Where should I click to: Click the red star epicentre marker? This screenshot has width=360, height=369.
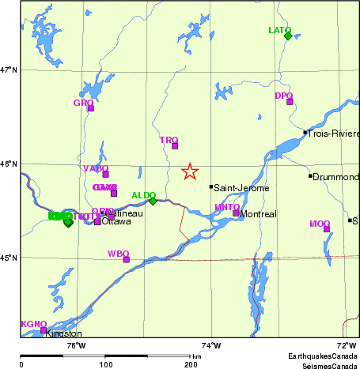[x=190, y=171]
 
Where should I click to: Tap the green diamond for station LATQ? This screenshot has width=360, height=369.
[x=288, y=36]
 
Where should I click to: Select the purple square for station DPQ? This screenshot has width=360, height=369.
[x=290, y=101]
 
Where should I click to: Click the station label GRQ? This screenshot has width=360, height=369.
[x=82, y=103]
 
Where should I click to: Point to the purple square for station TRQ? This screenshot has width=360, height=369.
[x=175, y=145]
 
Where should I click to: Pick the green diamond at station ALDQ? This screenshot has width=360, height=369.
[x=153, y=201]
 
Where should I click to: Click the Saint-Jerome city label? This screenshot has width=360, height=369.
[x=242, y=188]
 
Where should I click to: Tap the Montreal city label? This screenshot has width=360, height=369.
[x=258, y=214]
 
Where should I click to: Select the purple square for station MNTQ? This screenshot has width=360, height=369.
[x=236, y=213]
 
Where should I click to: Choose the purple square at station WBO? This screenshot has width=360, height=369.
[x=127, y=259]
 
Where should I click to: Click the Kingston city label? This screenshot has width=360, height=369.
[x=63, y=334]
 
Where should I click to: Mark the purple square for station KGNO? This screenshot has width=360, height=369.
[x=44, y=330]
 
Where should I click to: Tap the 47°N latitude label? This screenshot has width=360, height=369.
[x=9, y=70]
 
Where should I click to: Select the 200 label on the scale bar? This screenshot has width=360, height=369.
[x=191, y=365]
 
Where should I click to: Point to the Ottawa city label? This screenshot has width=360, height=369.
[x=116, y=221]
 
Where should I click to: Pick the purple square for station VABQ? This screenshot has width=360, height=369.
[x=105, y=174]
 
